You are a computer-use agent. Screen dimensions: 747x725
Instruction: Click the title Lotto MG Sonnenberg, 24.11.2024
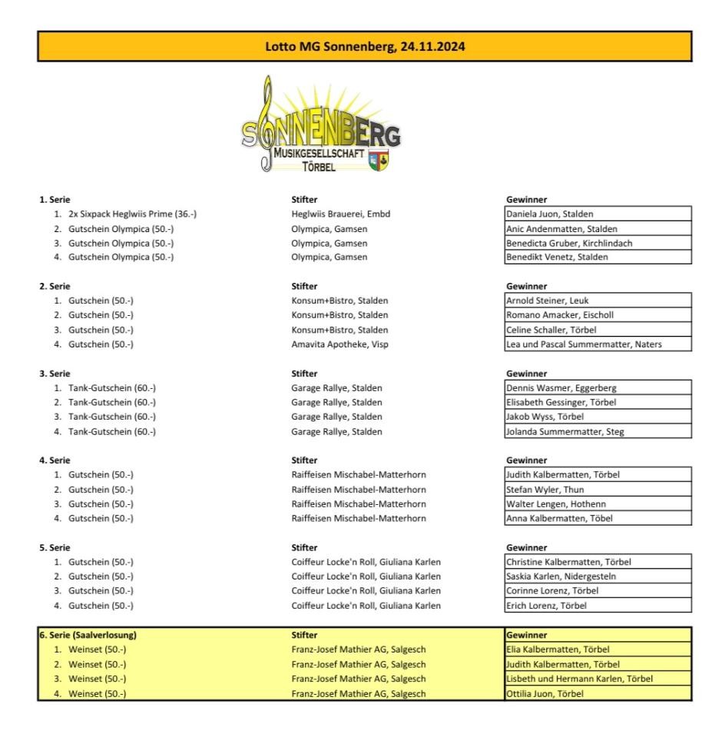coord(364,46)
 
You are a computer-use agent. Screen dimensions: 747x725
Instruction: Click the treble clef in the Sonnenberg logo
coord(266,123)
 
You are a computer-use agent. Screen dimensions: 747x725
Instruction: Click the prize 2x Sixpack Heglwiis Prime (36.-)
coord(127,214)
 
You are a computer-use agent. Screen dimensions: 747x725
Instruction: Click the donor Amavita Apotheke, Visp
coord(339,344)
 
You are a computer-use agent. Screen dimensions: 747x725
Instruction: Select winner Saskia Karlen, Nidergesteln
coord(561,576)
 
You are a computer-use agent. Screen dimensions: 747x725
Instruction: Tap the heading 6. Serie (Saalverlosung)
coord(88,636)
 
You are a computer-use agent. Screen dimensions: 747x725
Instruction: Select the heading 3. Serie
coord(55,373)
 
